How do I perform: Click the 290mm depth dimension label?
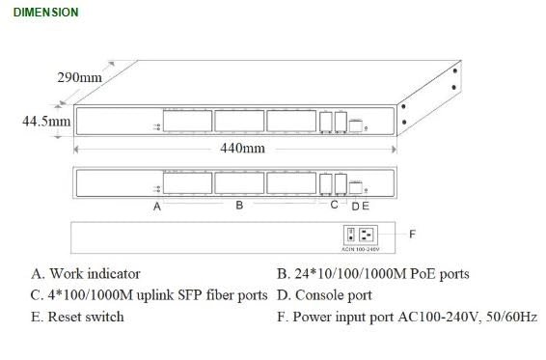coord(79,77)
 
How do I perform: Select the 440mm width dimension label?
coord(241,149)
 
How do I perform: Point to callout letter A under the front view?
coord(157,207)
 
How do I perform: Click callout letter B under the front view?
coord(239,206)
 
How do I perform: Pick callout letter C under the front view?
coord(334,205)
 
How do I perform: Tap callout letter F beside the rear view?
coord(412,234)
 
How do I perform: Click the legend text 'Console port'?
coord(333,295)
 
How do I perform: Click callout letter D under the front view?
coord(355,206)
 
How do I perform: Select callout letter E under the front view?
coord(366,206)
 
